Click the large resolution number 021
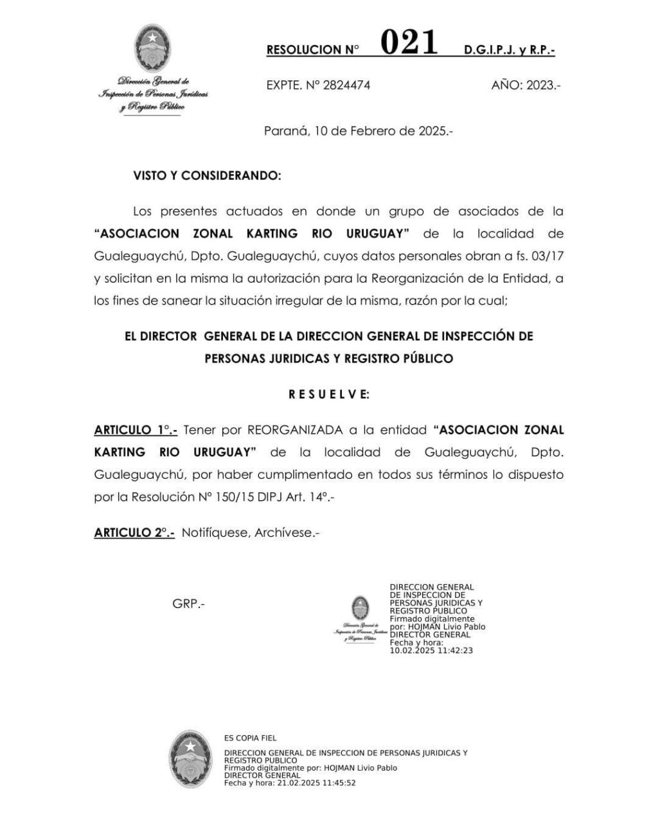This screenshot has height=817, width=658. pos(409,44)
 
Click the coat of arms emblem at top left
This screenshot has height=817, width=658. pos(152,48)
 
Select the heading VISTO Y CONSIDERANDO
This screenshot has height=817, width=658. pos(207,175)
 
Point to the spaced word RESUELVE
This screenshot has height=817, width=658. pos(329,395)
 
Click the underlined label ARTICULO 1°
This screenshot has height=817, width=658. pos(136,429)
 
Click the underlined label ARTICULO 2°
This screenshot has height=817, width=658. pos(134,532)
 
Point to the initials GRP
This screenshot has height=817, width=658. pos(188,604)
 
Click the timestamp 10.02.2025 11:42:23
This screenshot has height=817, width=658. pos(431,650)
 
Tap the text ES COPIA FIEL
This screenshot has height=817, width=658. pos(251,738)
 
